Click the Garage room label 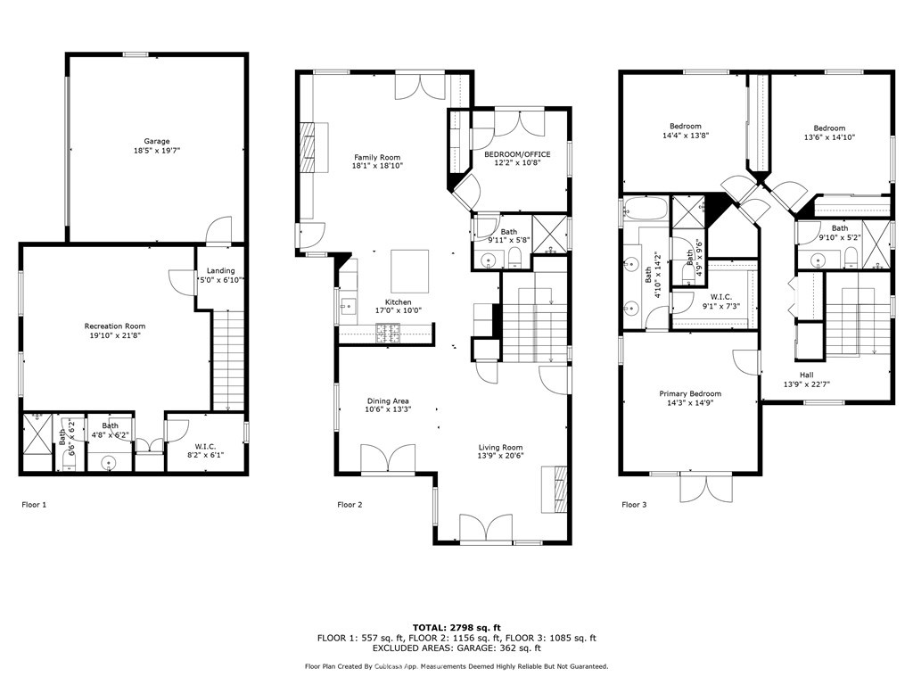pos(157,141)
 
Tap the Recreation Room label pos(115,326)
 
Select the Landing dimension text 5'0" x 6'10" pos(221,280)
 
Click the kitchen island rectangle pos(409,271)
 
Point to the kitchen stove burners pos(389,334)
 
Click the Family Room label pos(377,157)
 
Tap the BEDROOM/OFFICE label pos(517,154)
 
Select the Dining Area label pos(388,400)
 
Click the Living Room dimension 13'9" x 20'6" pos(501,456)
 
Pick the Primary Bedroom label pos(690,393)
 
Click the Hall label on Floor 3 pos(806,376)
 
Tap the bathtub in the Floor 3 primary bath pos(646,209)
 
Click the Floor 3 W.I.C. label pos(720,297)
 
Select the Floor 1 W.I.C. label pos(206,446)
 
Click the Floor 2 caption pos(350,505)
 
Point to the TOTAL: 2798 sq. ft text pos(456,627)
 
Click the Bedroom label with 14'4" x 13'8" pos(686,126)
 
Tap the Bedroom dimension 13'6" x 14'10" pos(829,137)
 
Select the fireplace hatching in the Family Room pos(307,146)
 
